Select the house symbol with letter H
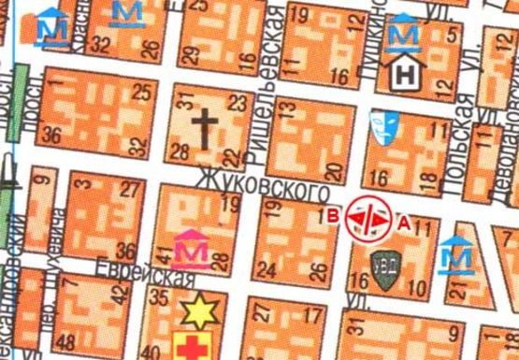pyautogui.click(x=405, y=71)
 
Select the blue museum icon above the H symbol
pyautogui.click(x=404, y=31)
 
